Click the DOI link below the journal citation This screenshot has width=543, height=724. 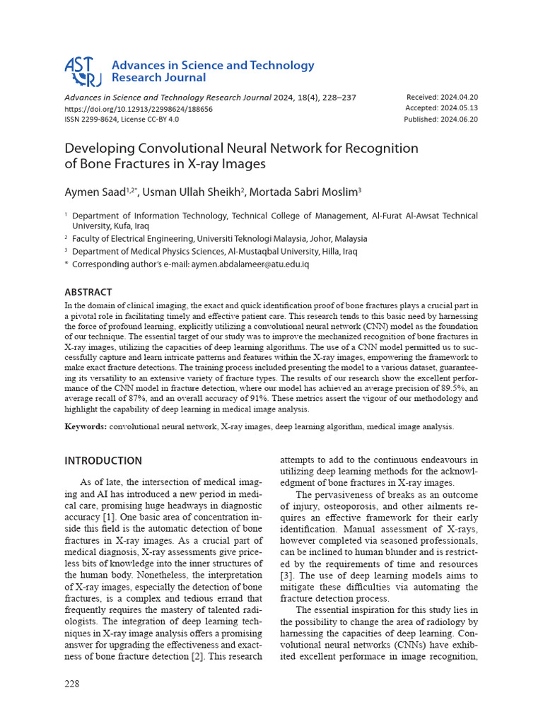pos(139,109)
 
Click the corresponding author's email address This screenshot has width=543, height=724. pos(250,264)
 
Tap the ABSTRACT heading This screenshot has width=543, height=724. pos(88,292)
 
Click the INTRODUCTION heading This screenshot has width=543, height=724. pos(103,461)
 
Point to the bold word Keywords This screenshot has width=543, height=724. pos(86,426)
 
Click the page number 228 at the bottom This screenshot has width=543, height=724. pos(72,684)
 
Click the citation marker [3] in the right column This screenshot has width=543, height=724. pos(287,576)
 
